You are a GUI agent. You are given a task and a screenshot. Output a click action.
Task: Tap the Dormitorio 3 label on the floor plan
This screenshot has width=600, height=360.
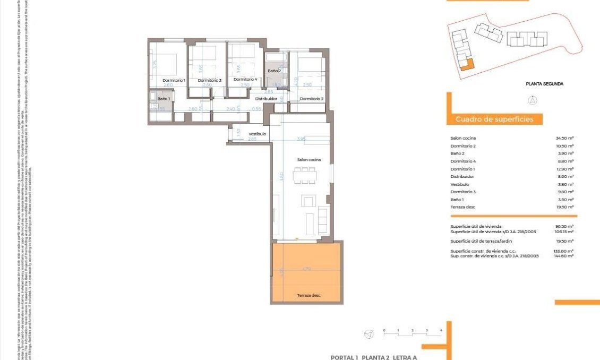coord(209,80)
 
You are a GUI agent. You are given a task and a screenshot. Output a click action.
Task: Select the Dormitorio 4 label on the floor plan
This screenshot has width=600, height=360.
coord(245,79)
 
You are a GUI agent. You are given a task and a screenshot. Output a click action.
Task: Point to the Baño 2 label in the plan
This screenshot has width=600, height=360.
coord(274,71)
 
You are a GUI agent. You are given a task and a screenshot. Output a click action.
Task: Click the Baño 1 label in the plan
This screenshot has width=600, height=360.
coord(163,99)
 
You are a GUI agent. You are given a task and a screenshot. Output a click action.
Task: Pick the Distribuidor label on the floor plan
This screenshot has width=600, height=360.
coord(266,99)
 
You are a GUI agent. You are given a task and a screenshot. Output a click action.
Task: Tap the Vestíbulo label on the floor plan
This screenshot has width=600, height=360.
coord(256,134)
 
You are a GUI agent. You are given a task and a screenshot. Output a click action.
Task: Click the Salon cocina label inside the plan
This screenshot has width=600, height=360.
coord(308,159)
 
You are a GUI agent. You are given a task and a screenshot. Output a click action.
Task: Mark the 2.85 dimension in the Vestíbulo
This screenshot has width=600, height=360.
coord(252,139)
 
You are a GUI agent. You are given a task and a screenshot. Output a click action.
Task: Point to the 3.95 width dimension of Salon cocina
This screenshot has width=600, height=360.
coord(301,139)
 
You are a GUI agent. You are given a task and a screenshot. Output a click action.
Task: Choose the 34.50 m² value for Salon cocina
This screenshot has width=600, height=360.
coord(564,138)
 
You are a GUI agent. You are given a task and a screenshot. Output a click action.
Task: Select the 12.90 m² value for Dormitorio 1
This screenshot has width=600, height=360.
coord(564,169)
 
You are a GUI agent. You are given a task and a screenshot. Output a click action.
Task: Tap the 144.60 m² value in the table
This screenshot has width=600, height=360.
coord(564,255)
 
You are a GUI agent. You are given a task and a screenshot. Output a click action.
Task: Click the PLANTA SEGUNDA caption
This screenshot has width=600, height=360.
coord(544,84)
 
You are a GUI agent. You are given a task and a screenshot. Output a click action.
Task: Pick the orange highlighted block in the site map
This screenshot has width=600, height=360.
coord(466,65)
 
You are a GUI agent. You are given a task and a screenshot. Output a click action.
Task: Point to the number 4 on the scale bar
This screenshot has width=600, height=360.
coord(441,330)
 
